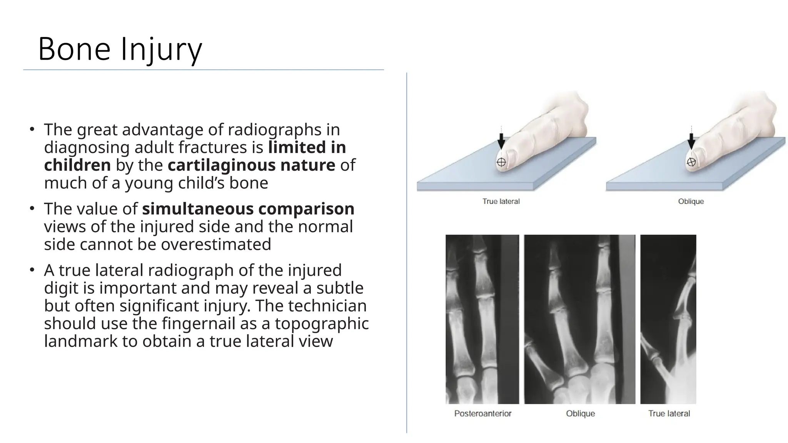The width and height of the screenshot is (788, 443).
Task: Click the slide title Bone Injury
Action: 120,49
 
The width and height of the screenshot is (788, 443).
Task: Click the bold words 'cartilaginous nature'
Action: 251,165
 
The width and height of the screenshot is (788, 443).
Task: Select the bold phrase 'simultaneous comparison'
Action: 248,209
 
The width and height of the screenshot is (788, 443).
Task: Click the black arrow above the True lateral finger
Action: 501,141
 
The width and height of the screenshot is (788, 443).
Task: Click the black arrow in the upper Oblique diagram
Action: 691,141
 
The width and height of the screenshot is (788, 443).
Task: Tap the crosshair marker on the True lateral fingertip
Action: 501,162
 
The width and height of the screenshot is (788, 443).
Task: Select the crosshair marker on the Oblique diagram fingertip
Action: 691,162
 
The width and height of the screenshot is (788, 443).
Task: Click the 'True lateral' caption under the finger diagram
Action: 501,202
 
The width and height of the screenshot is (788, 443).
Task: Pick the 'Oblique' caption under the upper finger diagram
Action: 691,202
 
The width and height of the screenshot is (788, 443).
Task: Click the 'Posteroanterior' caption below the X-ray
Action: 483,414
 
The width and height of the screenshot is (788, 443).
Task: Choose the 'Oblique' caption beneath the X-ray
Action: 580,414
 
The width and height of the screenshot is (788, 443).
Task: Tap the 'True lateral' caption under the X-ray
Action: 669,414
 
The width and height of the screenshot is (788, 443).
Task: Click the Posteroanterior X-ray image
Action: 482,319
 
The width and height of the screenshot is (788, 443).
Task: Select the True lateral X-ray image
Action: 668,319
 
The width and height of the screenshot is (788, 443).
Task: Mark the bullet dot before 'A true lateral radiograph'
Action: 32,270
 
